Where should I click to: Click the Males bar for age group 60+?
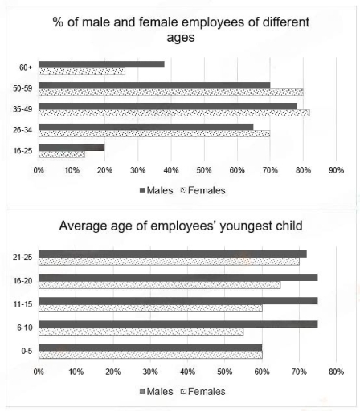100,63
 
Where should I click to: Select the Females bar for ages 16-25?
61,154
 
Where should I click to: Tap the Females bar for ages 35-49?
173,112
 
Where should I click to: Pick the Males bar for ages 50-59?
154,84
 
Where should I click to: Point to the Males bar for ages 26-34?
145,126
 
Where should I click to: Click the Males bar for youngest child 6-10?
178,324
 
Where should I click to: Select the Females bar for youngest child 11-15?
150,308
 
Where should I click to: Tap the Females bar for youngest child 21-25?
169,262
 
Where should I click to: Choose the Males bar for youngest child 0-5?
150,348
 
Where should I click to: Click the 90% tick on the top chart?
336,170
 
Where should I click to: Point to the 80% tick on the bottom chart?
336,372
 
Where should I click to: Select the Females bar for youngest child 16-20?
159,285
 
